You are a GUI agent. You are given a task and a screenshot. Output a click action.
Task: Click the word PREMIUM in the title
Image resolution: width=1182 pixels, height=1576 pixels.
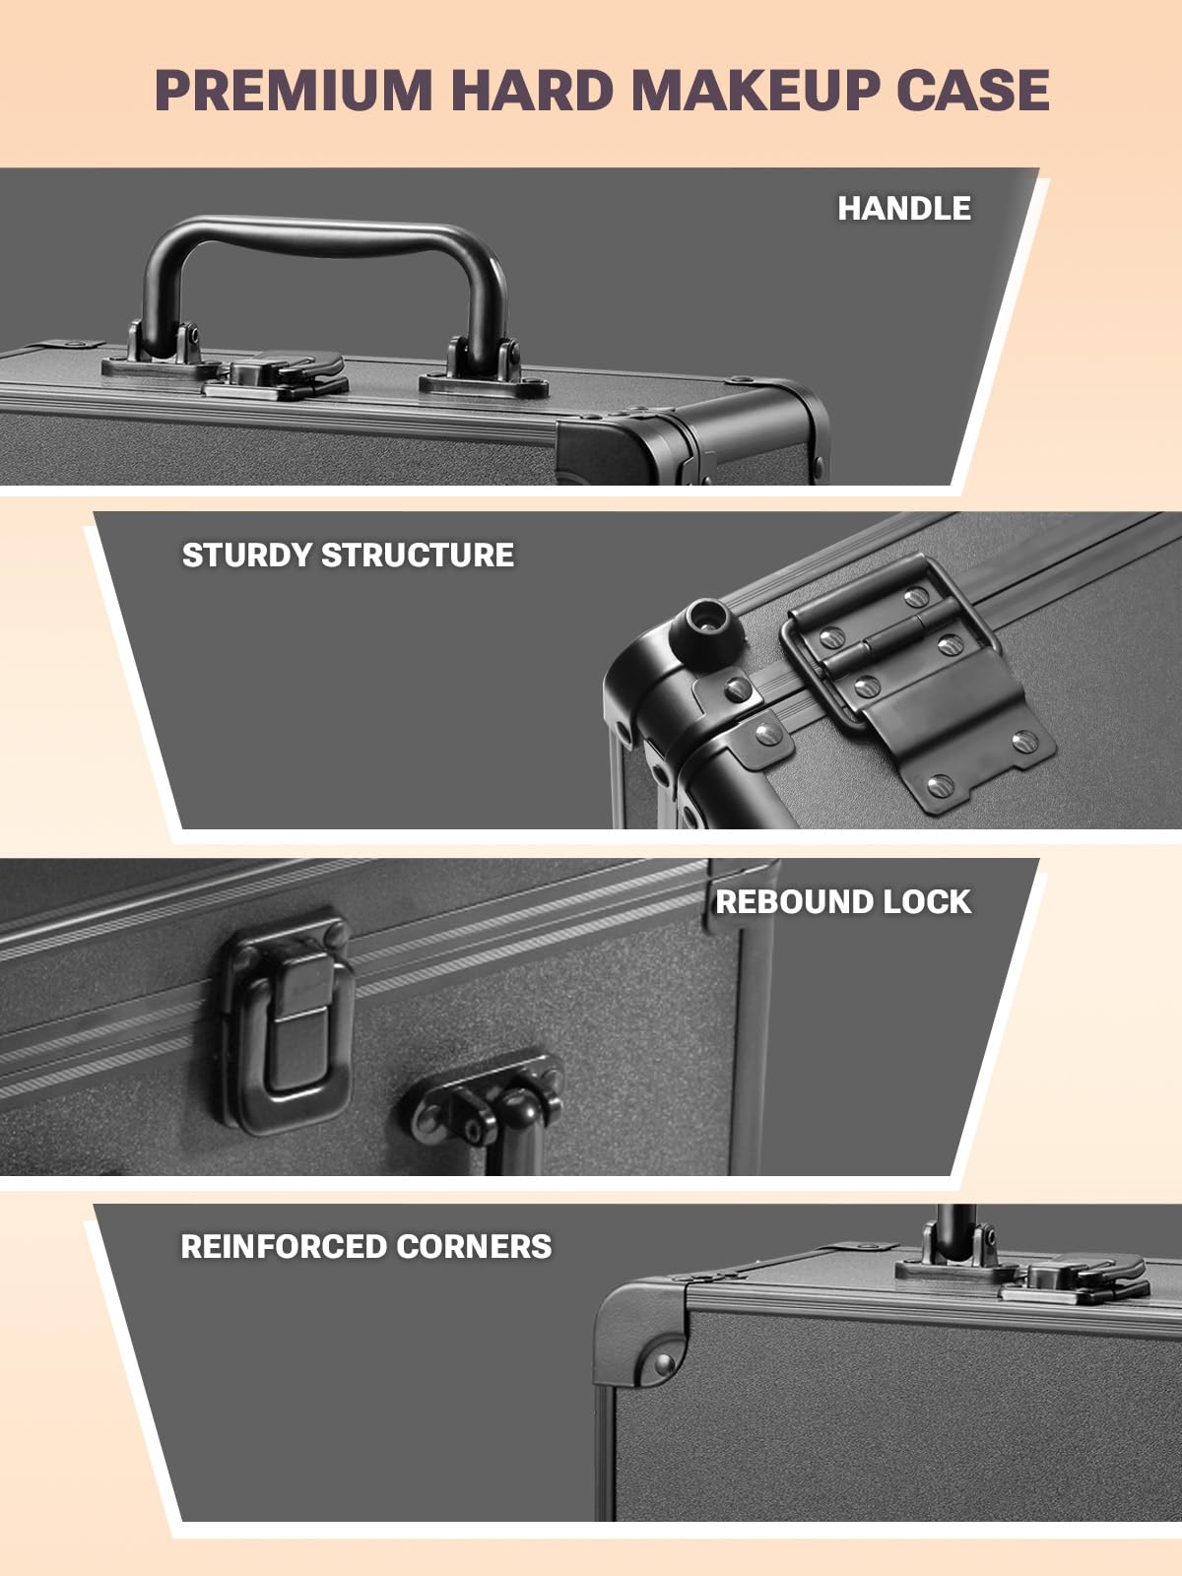pos(294,91)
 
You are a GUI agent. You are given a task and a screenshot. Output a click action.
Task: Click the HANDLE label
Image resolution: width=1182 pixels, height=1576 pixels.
pos(903,208)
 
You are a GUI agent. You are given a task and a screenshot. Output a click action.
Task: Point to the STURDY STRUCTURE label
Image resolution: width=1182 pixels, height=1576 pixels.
pos(348,555)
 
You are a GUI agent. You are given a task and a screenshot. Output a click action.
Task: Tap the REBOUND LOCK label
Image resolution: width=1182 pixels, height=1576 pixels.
pos(842,901)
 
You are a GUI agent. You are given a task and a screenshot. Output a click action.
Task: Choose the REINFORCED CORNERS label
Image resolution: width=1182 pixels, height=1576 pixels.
pos(365,1246)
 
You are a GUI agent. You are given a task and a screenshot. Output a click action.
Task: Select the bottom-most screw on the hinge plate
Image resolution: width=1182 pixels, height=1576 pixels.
pos(941,785)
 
